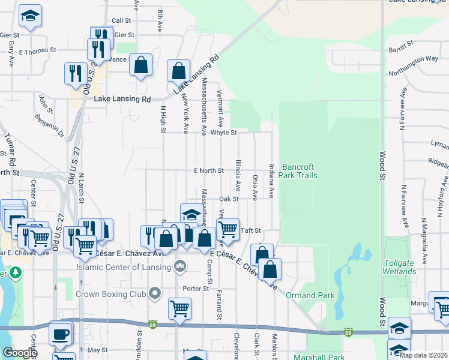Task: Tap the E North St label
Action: pyautogui.click(x=208, y=171)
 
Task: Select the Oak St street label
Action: pyautogui.click(x=229, y=199)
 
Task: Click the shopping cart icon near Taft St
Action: pyautogui.click(x=228, y=229)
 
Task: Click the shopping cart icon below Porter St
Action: pyautogui.click(x=179, y=308)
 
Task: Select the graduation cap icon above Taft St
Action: pyautogui.click(x=191, y=214)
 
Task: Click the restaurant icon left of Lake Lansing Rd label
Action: pyautogui.click(x=75, y=73)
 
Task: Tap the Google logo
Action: pyautogui.click(x=20, y=353)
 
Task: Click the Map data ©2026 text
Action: pyautogui.click(x=423, y=355)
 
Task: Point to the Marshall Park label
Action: pyautogui.click(x=319, y=358)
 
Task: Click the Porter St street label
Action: pyautogui.click(x=196, y=289)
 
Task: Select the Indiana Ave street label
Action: pyautogui.click(x=271, y=182)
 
